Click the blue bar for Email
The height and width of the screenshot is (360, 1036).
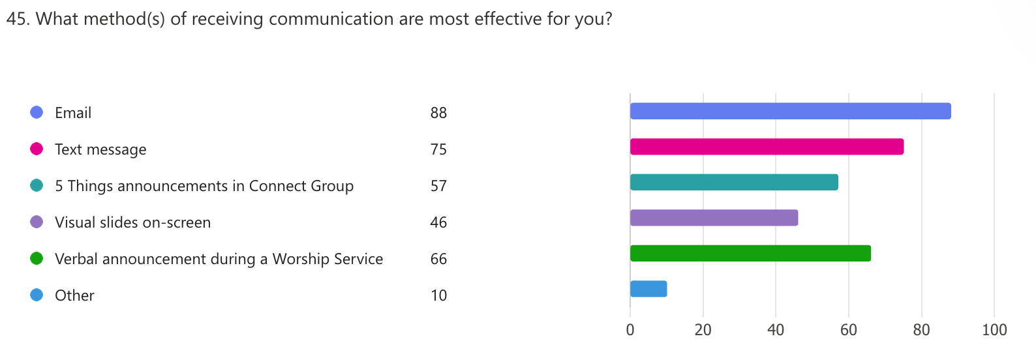click(790, 111)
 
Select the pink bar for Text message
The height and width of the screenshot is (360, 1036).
click(767, 147)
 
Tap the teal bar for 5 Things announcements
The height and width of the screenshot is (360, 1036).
click(734, 183)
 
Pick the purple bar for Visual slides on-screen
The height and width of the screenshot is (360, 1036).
click(714, 218)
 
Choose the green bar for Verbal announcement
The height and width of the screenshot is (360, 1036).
click(750, 253)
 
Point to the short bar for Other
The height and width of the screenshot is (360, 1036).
click(648, 289)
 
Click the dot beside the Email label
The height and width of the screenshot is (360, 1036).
click(37, 112)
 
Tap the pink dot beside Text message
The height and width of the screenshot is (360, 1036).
click(37, 149)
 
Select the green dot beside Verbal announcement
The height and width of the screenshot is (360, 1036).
click(37, 258)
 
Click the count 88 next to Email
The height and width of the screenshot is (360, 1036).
click(438, 113)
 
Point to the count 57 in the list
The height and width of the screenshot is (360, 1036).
click(438, 186)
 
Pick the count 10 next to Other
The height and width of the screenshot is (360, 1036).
click(438, 295)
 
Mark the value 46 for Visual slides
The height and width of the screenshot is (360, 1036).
click(438, 222)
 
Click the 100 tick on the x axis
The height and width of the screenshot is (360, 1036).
click(994, 330)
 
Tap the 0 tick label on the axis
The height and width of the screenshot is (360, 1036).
click(630, 330)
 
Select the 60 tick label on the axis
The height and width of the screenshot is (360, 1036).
click(849, 330)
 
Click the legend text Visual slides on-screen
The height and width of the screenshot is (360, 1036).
click(132, 222)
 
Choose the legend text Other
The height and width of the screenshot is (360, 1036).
click(74, 295)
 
